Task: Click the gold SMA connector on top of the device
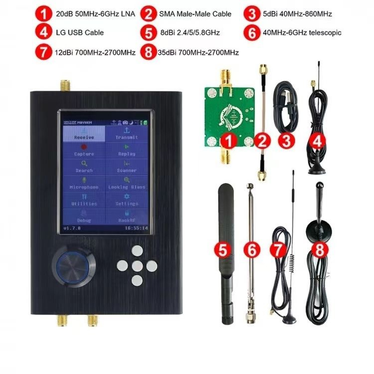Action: (65, 86)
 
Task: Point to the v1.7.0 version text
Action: (73, 228)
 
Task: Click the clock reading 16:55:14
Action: (137, 228)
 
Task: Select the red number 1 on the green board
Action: (229, 141)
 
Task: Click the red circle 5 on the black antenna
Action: (223, 248)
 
